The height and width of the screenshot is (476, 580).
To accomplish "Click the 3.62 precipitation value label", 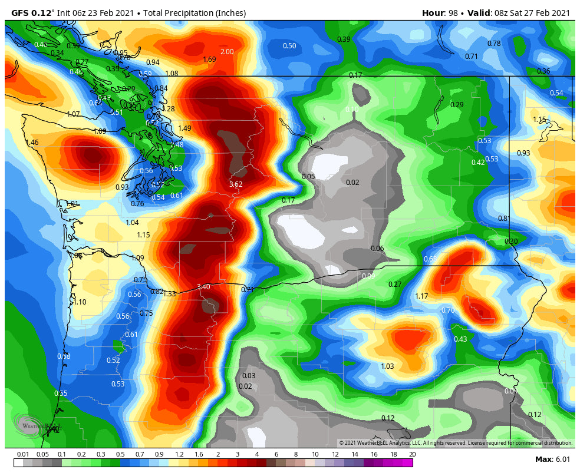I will (x=236, y=184).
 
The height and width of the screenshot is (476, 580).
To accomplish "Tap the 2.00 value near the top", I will (x=227, y=52).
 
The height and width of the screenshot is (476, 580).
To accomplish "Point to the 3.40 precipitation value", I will (x=203, y=287).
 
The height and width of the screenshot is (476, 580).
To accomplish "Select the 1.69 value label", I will (x=209, y=59).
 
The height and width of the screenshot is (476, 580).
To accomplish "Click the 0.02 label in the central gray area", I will (x=352, y=183).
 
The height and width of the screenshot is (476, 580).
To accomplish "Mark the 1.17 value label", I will (x=421, y=296).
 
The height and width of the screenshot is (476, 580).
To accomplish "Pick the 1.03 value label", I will (x=387, y=366).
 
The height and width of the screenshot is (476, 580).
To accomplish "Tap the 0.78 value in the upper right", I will (x=494, y=44).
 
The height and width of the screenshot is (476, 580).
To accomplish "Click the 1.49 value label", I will (x=184, y=128).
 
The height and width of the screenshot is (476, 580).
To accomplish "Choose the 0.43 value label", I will (x=460, y=339).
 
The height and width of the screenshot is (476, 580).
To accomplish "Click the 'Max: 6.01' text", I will (x=552, y=460).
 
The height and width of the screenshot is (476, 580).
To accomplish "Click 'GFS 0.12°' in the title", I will (x=33, y=13).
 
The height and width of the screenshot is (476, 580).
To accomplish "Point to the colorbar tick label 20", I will (x=412, y=454).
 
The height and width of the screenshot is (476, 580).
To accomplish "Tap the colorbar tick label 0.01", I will (x=23, y=454).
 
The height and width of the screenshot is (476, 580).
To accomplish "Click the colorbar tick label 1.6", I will (x=198, y=454).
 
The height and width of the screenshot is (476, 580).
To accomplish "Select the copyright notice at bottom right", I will (x=456, y=443).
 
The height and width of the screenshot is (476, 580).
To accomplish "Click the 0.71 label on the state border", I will (x=248, y=290).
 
